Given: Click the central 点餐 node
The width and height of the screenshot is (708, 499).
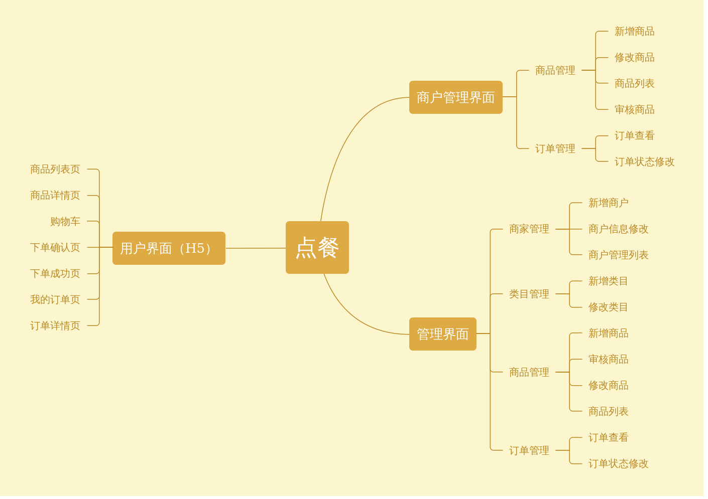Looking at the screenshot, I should coord(317,248).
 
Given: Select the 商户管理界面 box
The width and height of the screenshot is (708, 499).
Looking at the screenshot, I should coord(455,97).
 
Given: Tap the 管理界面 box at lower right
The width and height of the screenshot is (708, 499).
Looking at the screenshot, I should coord(442,334).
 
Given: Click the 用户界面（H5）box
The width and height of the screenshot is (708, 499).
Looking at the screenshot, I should coord(169,248).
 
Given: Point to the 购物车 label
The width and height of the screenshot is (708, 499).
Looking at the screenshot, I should coord(65,221).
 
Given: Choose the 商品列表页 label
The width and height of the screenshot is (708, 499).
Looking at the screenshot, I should coord(55,169).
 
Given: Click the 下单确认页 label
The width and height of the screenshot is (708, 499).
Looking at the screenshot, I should coord(55,247).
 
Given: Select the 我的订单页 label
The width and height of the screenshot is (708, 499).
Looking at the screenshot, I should coord(55,299).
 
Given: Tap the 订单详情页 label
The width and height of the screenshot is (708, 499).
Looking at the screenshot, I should coord(55,325).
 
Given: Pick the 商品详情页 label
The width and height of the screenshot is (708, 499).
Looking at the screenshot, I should coord(55,195).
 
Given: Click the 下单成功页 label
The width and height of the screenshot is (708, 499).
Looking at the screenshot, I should coord(55,273).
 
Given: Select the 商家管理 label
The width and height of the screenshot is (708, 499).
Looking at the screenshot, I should coord(529,229).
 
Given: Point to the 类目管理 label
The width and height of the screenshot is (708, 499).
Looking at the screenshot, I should coord(529,294).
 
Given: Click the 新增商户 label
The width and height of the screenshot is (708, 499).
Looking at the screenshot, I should coord(609,203).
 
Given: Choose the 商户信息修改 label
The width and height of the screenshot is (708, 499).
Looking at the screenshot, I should coord(619,229).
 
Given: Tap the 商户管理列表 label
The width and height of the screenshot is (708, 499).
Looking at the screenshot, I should coord(619,255).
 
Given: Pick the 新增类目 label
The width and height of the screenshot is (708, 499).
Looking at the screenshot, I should coord(609,281).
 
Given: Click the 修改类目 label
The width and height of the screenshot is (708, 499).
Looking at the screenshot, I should coord(609,307).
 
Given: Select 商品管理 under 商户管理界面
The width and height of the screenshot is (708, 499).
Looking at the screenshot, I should coord(555,70).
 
